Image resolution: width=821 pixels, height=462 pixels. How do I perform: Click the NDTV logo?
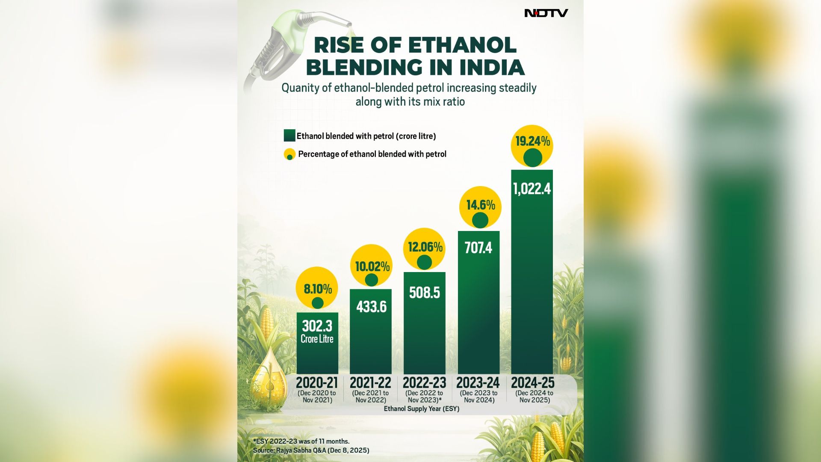546,13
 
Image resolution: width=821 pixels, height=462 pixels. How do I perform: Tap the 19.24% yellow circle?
532,145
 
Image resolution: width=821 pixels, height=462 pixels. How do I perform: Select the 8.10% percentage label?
317,289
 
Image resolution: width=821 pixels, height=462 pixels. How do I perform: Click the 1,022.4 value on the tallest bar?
532,189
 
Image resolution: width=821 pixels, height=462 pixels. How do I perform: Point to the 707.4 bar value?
478,248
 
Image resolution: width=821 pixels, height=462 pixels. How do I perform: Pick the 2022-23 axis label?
424,382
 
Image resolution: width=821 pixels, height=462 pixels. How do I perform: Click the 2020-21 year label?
317,382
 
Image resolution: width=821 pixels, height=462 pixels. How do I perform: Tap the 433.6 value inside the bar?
371,307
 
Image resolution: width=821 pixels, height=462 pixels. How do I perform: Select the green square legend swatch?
289,136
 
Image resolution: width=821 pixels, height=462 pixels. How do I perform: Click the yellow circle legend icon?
289,154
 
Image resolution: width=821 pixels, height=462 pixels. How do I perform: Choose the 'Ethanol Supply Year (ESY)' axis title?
421,409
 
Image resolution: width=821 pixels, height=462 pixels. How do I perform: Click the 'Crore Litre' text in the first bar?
317,339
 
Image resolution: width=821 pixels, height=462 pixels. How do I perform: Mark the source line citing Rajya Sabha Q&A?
311,450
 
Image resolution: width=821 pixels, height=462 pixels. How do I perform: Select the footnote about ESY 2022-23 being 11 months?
301,441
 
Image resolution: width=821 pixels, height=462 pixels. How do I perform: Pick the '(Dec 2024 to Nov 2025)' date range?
535,397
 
